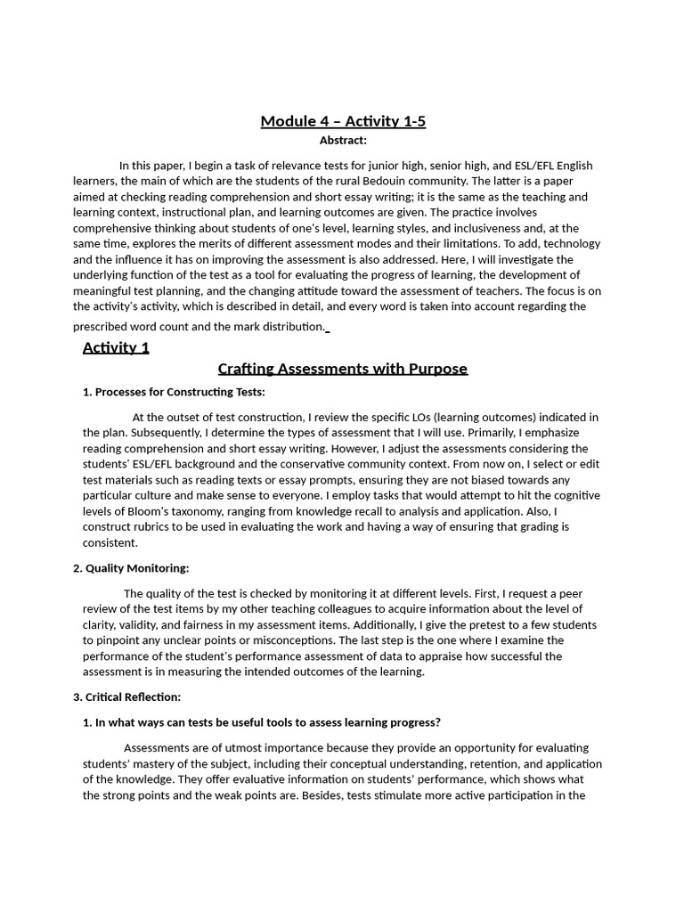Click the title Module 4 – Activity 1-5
(343, 121)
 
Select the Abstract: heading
(343, 140)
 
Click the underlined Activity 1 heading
(116, 347)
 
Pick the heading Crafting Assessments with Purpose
(343, 369)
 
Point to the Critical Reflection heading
(131, 696)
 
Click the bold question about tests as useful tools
(262, 722)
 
